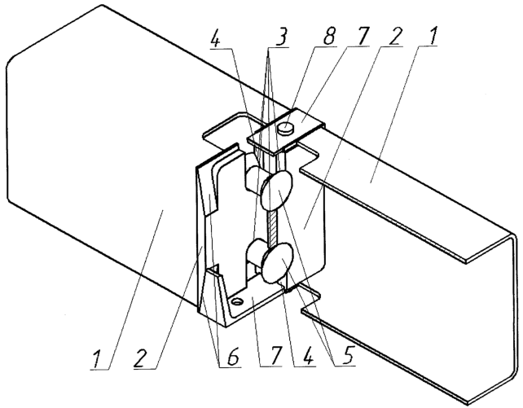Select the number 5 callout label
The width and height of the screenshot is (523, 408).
347,356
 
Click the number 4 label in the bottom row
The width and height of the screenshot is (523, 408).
308,357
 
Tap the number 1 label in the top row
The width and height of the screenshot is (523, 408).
433,35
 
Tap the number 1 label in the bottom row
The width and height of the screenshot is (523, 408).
97,359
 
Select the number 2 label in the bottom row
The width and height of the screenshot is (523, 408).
142,358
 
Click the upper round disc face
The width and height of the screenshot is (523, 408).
276,191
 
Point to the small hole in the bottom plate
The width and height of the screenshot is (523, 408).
238,302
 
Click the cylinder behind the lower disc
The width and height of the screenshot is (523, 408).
256,255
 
